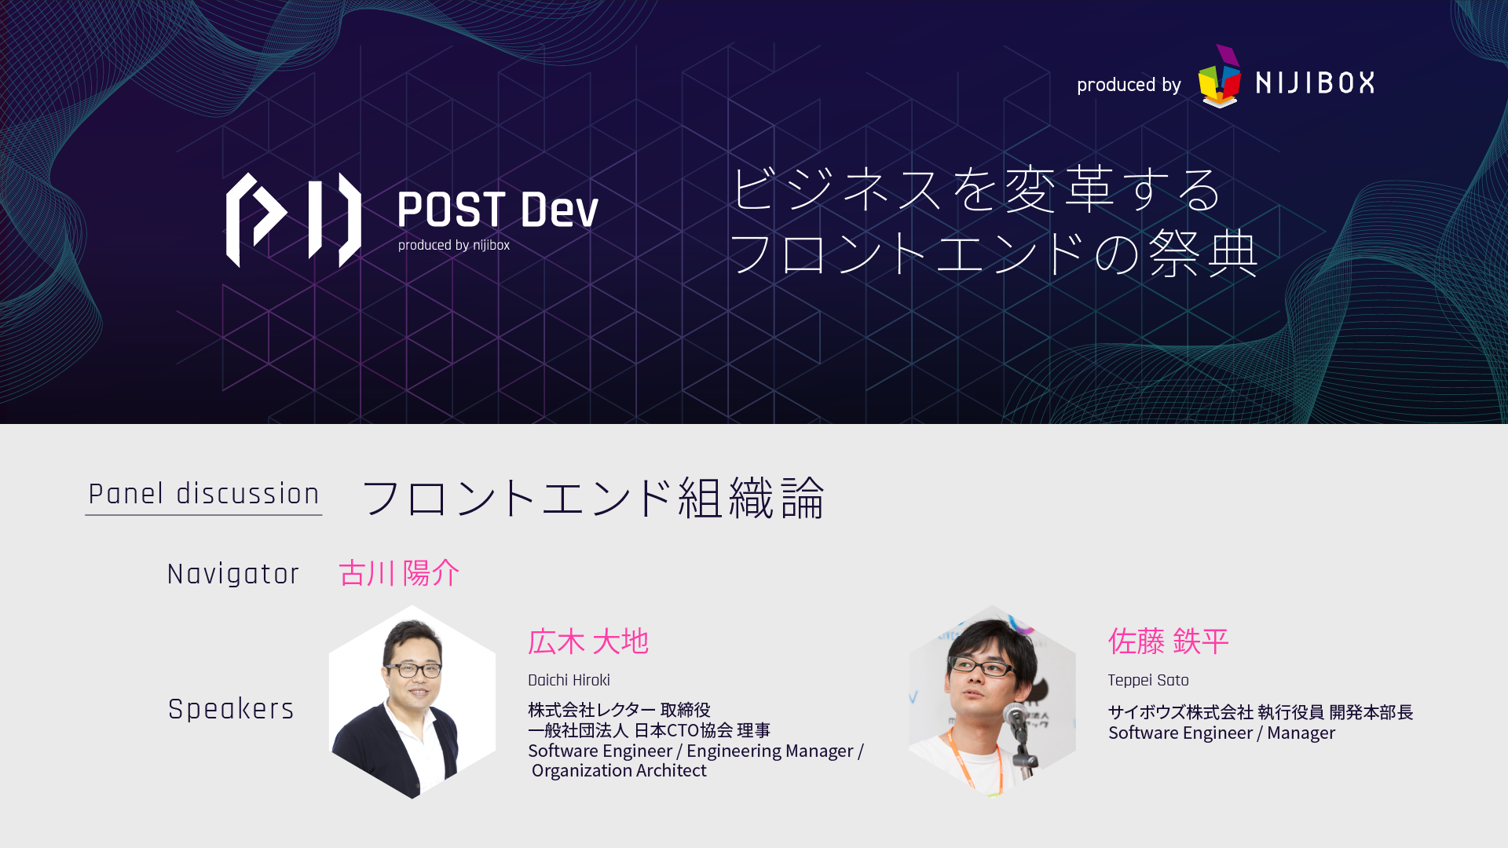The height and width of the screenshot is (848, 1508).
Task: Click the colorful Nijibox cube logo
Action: (1219, 76)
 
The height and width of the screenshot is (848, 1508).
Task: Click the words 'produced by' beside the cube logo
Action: (1129, 85)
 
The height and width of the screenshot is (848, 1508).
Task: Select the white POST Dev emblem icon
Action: (294, 220)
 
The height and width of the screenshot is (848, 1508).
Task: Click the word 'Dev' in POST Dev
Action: (559, 210)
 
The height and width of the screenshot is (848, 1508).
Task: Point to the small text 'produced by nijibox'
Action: (454, 245)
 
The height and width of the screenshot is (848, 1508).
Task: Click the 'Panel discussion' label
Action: (204, 494)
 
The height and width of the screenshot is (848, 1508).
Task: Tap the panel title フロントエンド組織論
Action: (593, 498)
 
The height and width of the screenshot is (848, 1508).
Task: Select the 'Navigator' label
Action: (233, 574)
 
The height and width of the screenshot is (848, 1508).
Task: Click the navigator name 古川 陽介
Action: (399, 573)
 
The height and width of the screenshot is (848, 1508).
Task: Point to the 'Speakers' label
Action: (231, 709)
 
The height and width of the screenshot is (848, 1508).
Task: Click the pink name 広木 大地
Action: (588, 641)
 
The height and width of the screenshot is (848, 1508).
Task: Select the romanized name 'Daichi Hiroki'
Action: (569, 680)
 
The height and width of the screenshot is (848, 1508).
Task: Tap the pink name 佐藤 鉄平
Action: (1169, 641)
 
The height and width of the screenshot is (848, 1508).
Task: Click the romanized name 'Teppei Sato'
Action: (1148, 680)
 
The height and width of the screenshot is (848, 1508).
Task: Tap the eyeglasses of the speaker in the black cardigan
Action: (412, 669)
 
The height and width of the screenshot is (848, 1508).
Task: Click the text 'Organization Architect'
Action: (619, 770)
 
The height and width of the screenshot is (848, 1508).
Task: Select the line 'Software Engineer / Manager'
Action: (1221, 733)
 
